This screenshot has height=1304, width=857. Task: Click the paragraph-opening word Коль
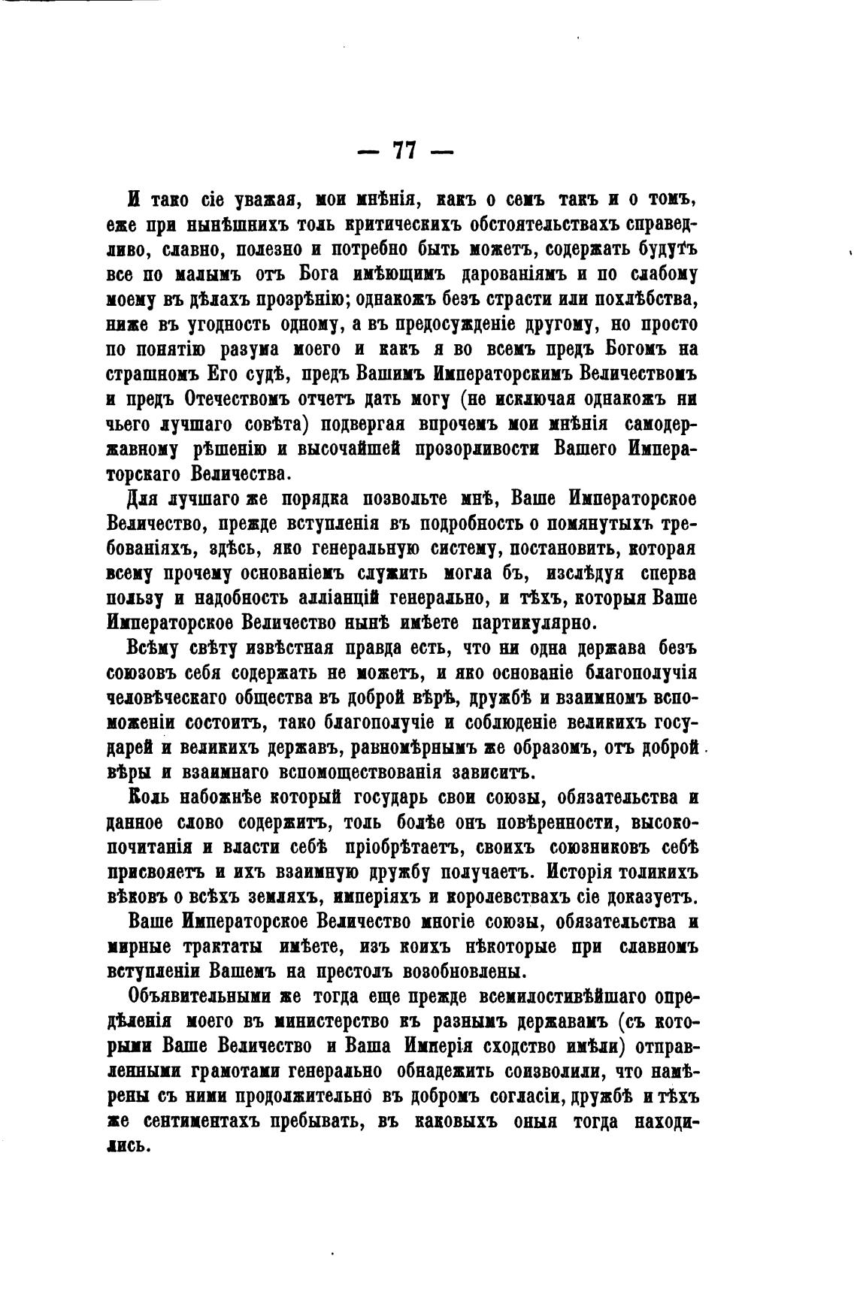[x=146, y=797]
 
